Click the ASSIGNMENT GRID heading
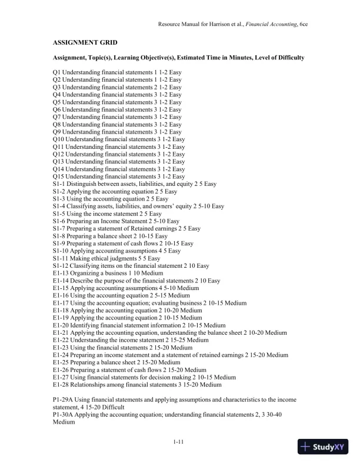[x=85, y=43]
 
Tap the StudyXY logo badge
[x=323, y=447]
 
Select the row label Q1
[x=56, y=72]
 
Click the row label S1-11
[x=61, y=258]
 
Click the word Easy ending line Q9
[x=175, y=132]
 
